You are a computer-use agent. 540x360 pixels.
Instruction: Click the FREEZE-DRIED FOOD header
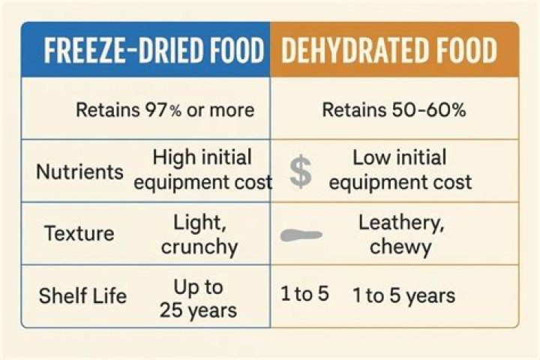coord(153,51)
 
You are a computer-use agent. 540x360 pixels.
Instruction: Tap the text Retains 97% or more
coord(165,110)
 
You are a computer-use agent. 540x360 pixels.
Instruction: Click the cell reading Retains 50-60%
coord(394,110)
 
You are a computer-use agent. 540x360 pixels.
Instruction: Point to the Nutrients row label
coord(79,171)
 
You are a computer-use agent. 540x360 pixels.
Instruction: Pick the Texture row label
coord(79,233)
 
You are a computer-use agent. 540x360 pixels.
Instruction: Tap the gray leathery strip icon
coord(301,235)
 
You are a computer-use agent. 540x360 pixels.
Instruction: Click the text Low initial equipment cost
coord(400,169)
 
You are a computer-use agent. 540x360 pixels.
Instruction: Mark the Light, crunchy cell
coord(199,233)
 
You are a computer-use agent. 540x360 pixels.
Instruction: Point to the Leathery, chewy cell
coord(400,233)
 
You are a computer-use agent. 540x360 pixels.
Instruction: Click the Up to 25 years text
coord(199,297)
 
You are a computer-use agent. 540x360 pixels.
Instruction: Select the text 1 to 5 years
coord(403,295)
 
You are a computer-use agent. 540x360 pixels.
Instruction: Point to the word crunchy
coord(199,246)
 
